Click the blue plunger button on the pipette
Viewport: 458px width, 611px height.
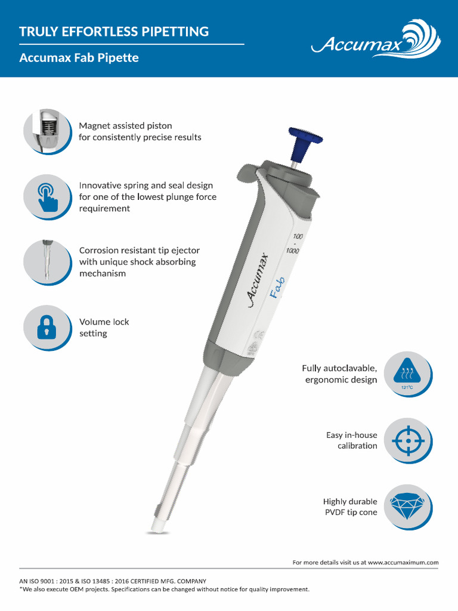coord(304,138)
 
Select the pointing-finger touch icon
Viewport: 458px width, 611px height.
coord(47,196)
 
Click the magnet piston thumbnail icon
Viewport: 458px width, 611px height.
coord(47,131)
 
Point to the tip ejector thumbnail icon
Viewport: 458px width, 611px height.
coord(47,262)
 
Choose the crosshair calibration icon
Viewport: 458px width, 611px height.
coord(408,440)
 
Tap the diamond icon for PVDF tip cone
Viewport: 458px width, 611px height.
coord(408,507)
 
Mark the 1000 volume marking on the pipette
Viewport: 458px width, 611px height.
coord(292,251)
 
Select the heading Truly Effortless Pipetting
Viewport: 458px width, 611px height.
coord(114,32)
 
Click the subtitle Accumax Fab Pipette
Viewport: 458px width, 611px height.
coord(79,58)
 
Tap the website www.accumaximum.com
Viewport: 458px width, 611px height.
coord(403,562)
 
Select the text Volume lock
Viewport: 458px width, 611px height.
coord(104,322)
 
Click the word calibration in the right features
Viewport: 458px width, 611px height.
coord(357,446)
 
